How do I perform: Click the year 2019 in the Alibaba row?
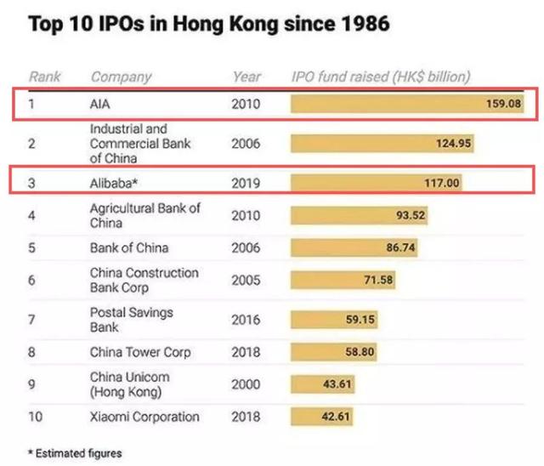(247, 182)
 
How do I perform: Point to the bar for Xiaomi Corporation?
(321, 417)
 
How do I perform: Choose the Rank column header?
(45, 77)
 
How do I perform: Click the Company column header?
(121, 77)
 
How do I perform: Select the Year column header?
(246, 77)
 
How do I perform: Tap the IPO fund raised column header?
(380, 77)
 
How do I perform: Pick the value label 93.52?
(410, 215)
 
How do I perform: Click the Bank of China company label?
(129, 248)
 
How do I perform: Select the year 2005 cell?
(247, 280)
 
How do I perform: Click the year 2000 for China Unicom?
(247, 384)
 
